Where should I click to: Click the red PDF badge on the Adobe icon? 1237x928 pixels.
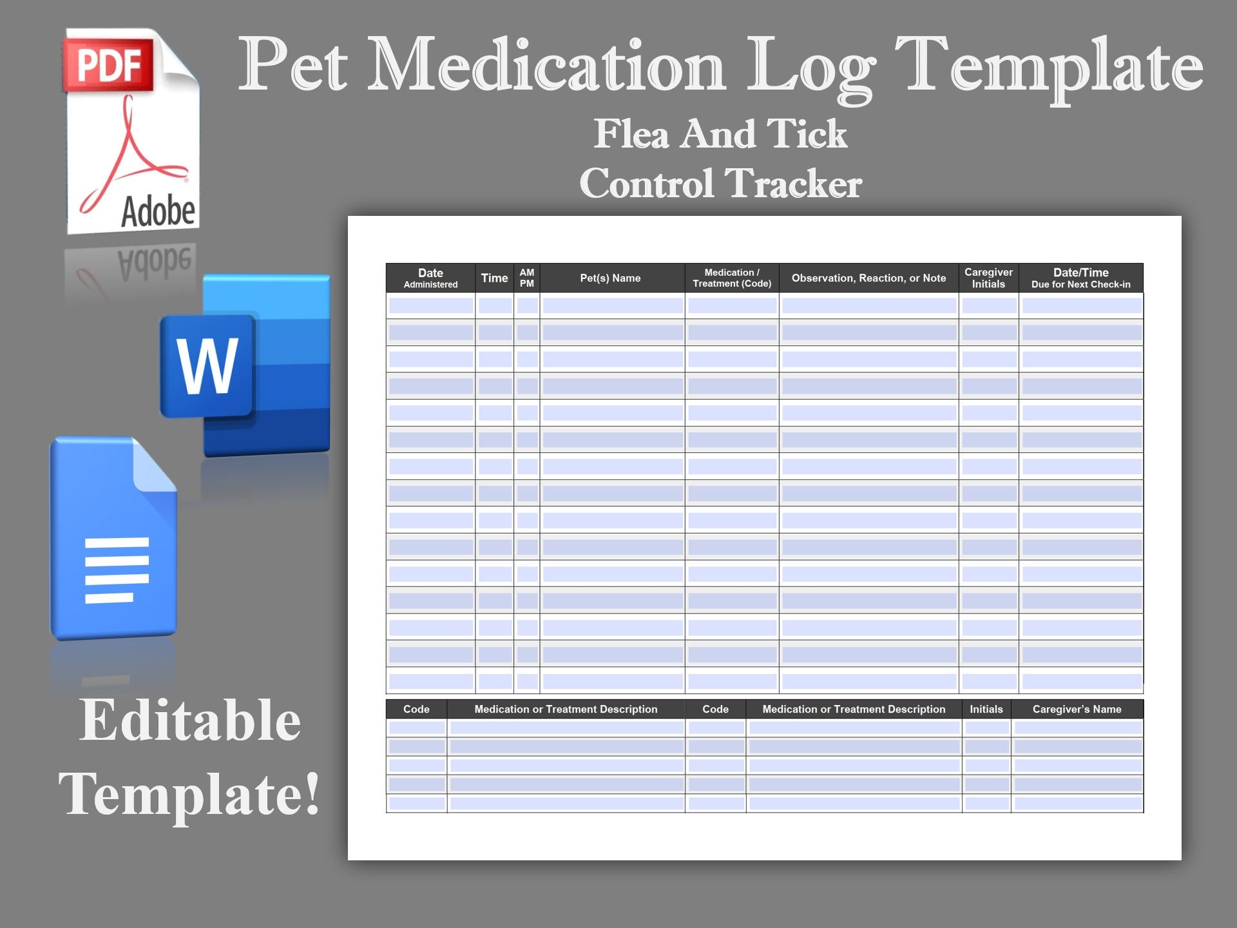click(x=108, y=64)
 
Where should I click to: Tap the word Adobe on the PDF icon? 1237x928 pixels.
click(x=158, y=211)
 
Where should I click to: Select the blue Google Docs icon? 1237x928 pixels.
click(x=113, y=539)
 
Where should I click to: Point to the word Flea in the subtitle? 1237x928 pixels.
click(x=631, y=134)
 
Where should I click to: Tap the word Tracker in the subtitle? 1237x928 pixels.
click(x=793, y=184)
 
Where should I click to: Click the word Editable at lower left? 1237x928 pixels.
click(x=190, y=720)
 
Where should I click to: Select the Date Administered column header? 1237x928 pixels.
click(x=430, y=278)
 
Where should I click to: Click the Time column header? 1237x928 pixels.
click(x=494, y=278)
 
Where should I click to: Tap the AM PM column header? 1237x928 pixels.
click(x=526, y=278)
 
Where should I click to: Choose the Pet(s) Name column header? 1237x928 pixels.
click(x=610, y=278)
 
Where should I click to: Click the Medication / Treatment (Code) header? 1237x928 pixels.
click(x=732, y=278)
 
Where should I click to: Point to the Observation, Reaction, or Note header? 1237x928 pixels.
click(x=868, y=278)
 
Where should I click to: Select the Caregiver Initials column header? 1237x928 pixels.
click(x=988, y=278)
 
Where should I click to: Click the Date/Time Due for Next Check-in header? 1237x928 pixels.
click(x=1080, y=278)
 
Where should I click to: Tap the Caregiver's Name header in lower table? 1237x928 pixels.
click(x=1077, y=709)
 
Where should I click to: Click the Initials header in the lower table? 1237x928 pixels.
click(x=986, y=709)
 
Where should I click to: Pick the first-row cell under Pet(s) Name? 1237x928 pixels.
click(x=612, y=305)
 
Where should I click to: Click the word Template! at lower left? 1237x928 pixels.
click(x=190, y=794)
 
